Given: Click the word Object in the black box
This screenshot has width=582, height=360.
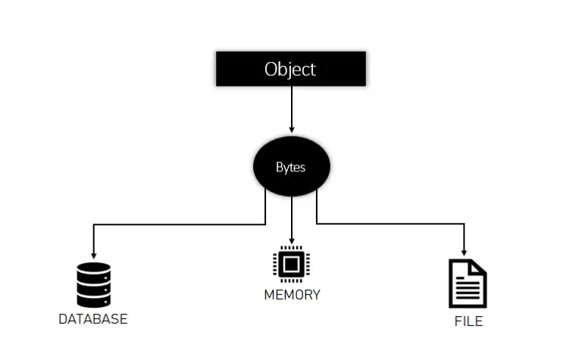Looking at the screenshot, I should click(290, 69).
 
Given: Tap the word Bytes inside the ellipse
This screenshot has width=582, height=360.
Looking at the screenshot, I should click(290, 167).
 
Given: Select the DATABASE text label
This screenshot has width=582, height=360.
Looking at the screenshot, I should click(92, 319).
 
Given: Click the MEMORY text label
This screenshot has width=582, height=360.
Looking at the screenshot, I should click(292, 295).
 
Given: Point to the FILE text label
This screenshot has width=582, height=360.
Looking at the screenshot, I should click(468, 321).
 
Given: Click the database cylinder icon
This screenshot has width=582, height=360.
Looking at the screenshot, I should click(93, 285).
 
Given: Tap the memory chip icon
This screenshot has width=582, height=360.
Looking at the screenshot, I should click(291, 265).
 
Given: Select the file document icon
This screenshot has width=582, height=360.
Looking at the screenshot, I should click(468, 284).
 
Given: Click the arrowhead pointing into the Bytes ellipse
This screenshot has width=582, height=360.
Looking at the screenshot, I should click(291, 130).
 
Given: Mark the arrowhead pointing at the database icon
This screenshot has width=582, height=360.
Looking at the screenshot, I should click(93, 255).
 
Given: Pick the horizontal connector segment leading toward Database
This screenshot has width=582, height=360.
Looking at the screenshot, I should click(179, 224).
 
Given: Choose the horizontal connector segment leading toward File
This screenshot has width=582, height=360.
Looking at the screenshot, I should click(390, 224).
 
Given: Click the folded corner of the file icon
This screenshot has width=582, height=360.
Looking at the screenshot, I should click(479, 267).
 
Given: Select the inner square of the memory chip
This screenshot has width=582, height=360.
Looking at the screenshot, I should click(291, 265).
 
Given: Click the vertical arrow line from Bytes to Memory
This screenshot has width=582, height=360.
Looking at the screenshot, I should click(291, 216).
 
